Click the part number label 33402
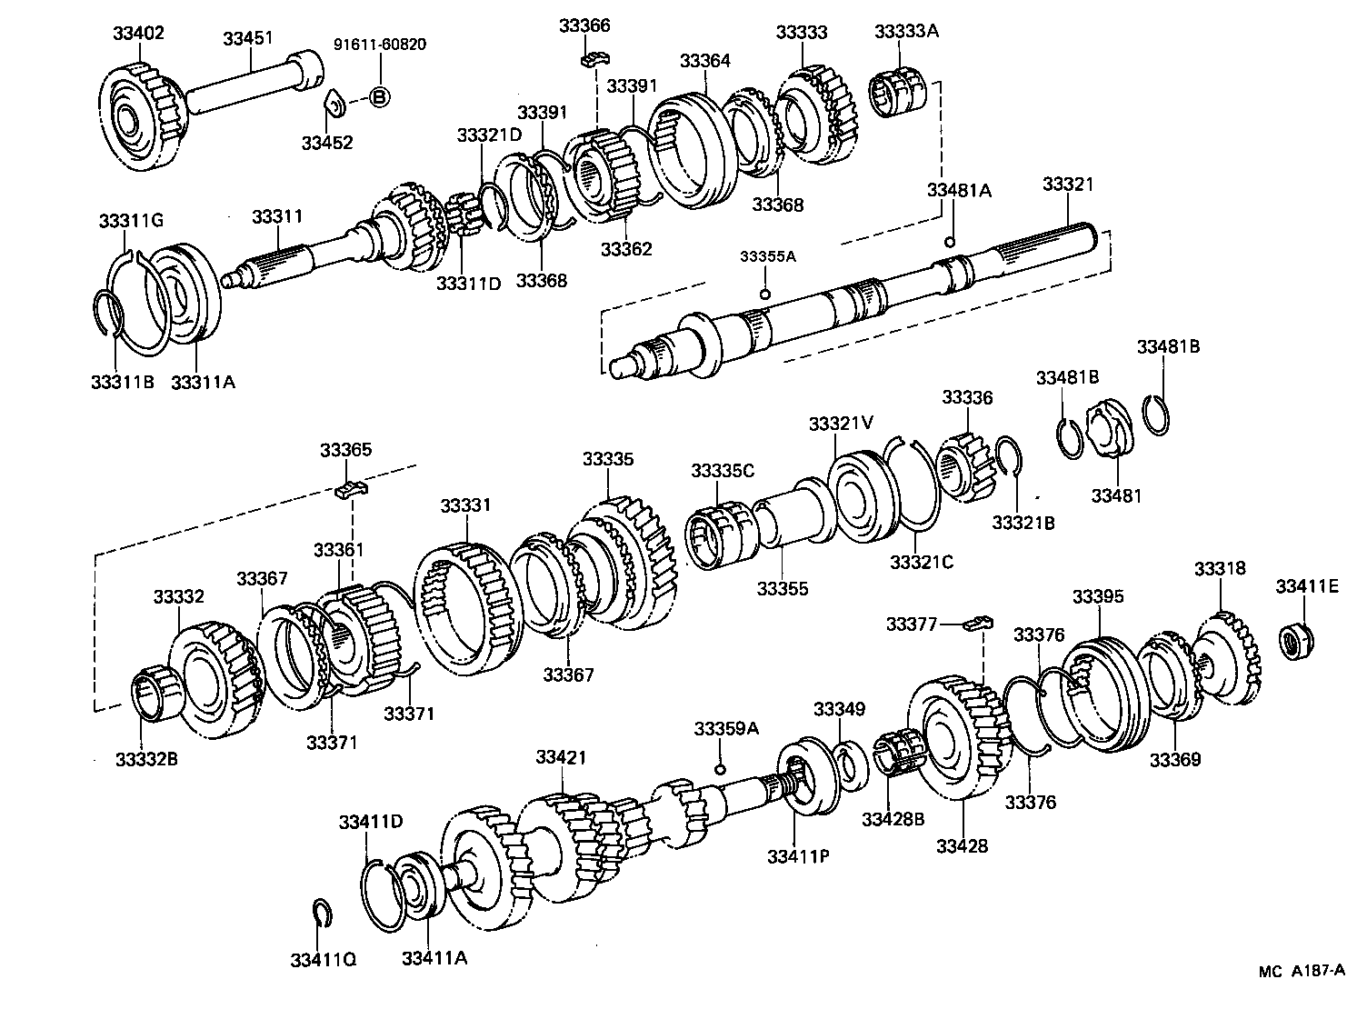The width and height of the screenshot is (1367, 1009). (138, 33)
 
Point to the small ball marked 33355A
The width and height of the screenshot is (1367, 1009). (765, 294)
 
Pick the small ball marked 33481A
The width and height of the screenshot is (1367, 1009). (950, 242)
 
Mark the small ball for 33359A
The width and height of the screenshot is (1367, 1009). (719, 770)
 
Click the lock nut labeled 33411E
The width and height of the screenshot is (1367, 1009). (1294, 642)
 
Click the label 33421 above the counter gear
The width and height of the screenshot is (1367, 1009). (561, 757)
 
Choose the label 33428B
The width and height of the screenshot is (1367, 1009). (893, 819)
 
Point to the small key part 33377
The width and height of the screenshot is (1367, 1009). (978, 624)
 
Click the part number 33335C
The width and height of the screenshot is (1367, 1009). (722, 470)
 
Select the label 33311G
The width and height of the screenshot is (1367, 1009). (131, 221)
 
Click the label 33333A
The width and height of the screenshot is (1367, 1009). (906, 31)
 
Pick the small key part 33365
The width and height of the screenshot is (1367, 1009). (353, 489)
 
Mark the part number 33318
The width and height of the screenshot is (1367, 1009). (1220, 569)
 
